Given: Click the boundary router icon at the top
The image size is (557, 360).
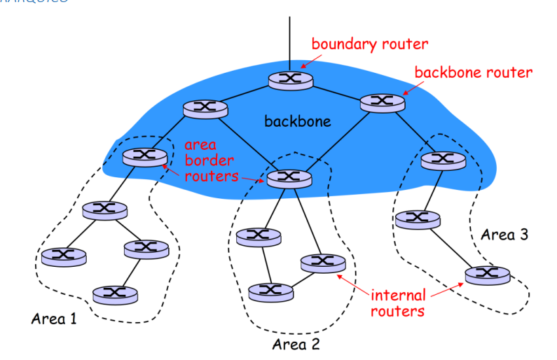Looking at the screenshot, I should click(289, 79).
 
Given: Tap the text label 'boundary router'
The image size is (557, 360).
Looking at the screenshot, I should click(369, 44).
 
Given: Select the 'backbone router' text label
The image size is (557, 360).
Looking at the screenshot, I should click(474, 72).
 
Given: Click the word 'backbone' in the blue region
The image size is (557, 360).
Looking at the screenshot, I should click(297, 122).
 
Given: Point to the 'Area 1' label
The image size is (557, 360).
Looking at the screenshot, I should click(54, 319).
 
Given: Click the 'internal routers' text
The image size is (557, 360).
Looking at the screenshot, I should click(398, 303).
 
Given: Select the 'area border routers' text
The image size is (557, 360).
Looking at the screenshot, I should click(209, 160).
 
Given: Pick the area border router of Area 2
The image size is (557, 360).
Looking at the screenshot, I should click(288, 179).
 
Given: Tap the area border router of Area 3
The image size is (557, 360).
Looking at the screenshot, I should click(443, 160).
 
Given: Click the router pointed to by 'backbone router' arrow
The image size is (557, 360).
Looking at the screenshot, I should click(383, 102).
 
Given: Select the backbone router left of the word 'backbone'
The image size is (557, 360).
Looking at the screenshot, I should click(205, 109).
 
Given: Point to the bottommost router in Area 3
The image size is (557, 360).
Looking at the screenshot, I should click(486, 274).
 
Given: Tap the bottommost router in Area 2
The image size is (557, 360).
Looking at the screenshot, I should click(270, 290).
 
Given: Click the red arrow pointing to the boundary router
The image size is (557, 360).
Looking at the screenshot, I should click(306, 59).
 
